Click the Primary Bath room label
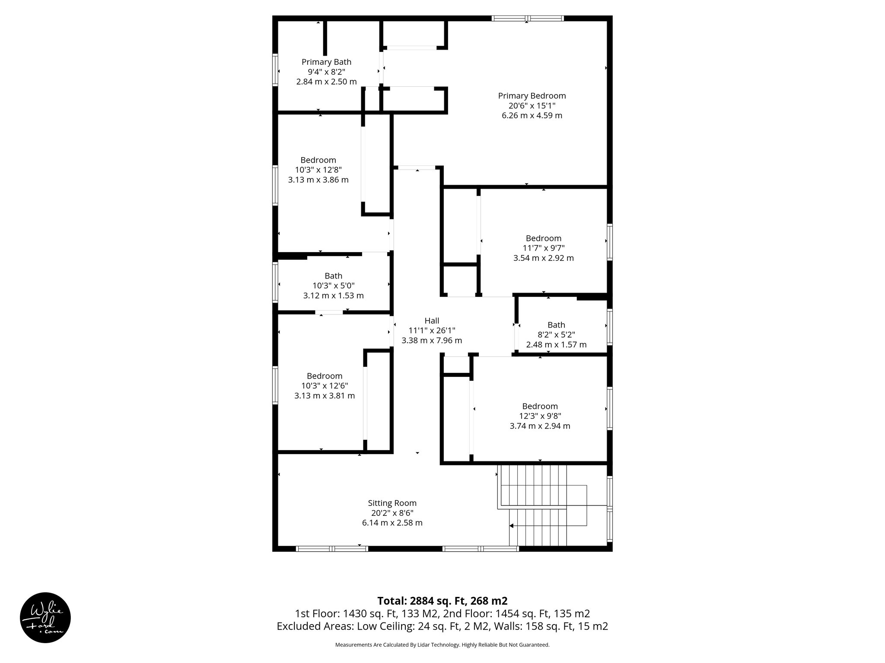(x=326, y=62)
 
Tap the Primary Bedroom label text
(x=532, y=96)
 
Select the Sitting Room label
(x=392, y=503)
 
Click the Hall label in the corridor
(x=432, y=321)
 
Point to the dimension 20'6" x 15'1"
(x=532, y=106)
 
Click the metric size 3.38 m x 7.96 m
(x=432, y=341)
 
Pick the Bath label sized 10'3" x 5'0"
(x=333, y=276)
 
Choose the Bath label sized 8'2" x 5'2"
(x=556, y=325)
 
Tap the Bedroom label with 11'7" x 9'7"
(x=543, y=238)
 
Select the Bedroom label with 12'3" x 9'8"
(x=540, y=406)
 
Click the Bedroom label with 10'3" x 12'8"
(x=318, y=160)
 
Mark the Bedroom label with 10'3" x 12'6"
(x=325, y=376)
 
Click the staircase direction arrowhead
(x=511, y=526)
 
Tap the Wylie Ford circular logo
(x=45, y=617)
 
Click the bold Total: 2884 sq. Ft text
(x=442, y=601)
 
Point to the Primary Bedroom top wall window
(x=528, y=18)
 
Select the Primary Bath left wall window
(x=274, y=69)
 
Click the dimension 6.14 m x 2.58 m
(x=392, y=523)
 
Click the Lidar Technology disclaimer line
(x=442, y=645)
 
